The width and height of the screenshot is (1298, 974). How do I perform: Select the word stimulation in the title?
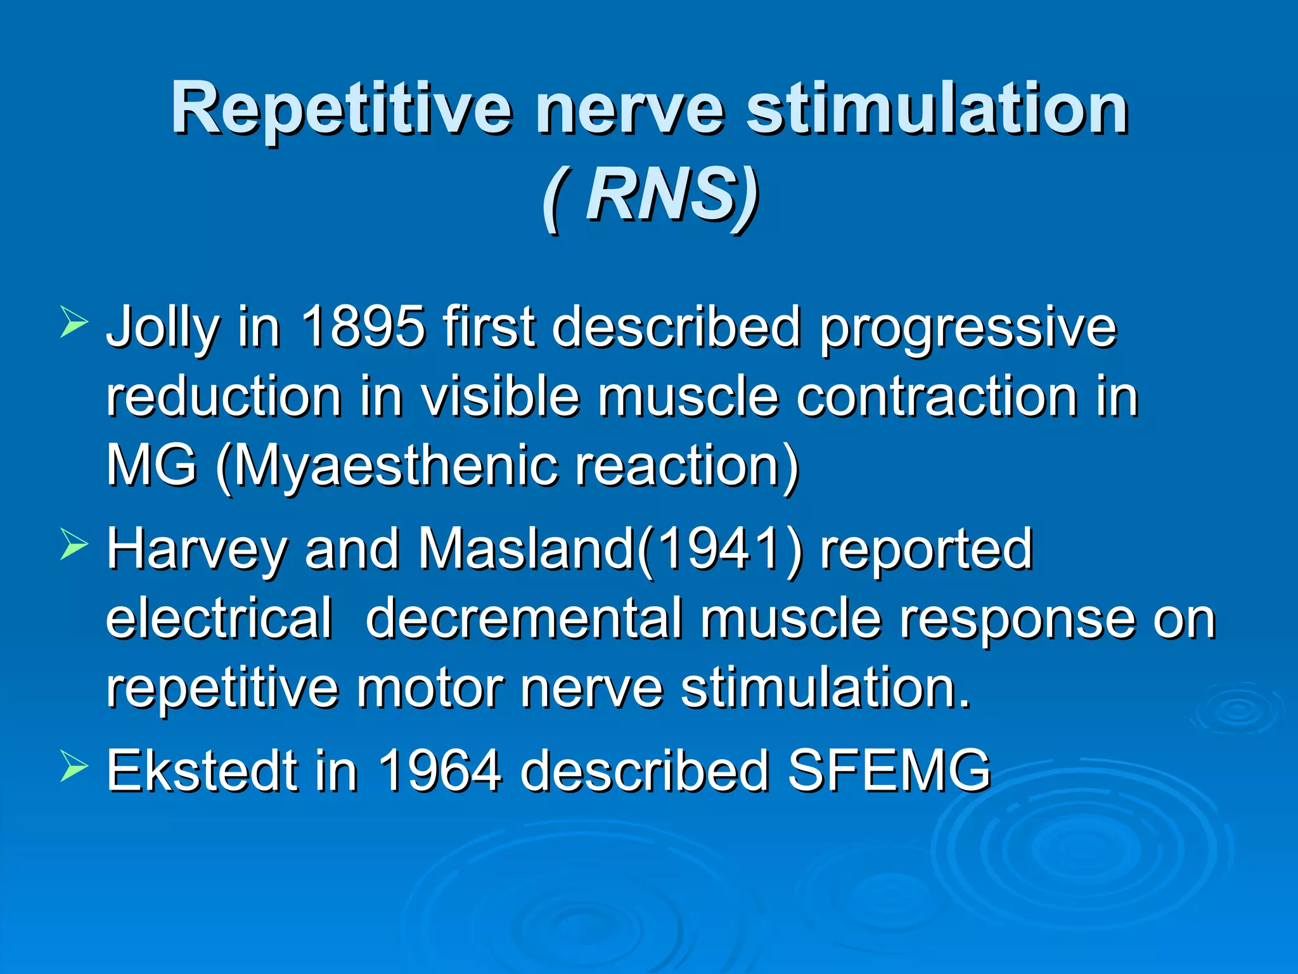click(936, 109)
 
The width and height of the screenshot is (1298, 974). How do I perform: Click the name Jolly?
click(162, 328)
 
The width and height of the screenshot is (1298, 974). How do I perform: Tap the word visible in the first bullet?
click(501, 397)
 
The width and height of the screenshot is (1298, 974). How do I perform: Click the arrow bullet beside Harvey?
click(74, 545)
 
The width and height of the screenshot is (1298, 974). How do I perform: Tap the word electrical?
click(219, 618)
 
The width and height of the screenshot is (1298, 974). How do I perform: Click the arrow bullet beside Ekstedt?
click(74, 767)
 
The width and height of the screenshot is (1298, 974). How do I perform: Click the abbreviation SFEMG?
click(889, 771)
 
